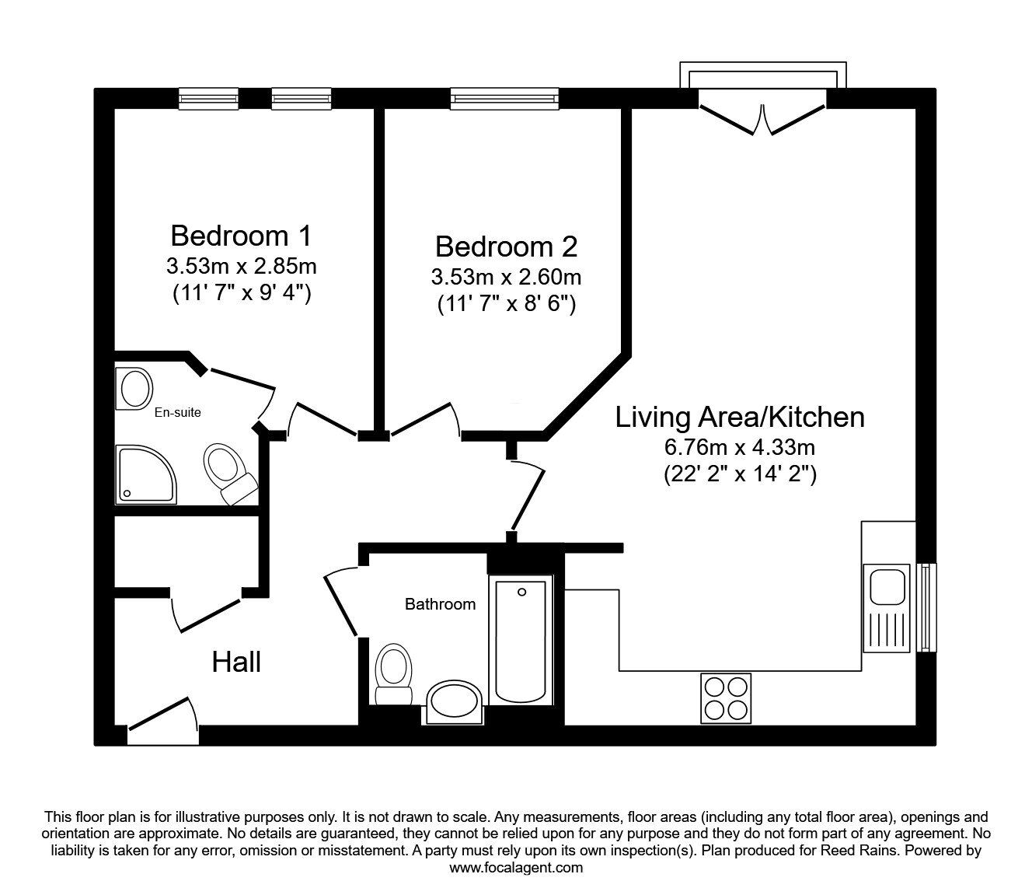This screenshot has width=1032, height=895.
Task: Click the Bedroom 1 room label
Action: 241,234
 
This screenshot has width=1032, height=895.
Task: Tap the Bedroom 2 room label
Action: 506,246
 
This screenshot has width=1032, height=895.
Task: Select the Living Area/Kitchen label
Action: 739,418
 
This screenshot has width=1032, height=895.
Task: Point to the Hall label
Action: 236,663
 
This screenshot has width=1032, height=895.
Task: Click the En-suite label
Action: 177,412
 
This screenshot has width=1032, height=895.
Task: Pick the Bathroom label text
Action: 440,604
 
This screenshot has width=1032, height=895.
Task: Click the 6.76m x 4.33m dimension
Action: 739,447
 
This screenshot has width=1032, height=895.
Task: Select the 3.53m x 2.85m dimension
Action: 241,266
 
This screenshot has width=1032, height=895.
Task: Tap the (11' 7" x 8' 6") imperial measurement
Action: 506,304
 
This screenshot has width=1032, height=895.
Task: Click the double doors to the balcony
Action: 762,115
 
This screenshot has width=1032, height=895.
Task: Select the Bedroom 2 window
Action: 504,97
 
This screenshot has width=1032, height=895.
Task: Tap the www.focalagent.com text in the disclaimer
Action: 516,867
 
